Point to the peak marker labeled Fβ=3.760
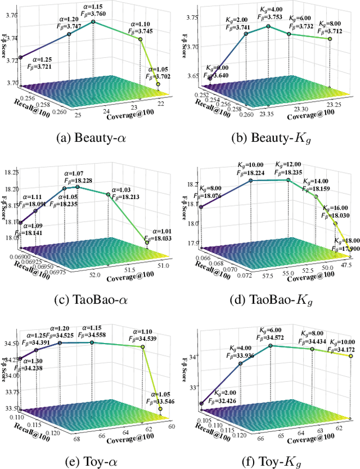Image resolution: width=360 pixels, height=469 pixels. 93,22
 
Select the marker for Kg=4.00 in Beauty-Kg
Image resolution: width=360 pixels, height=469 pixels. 268,26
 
